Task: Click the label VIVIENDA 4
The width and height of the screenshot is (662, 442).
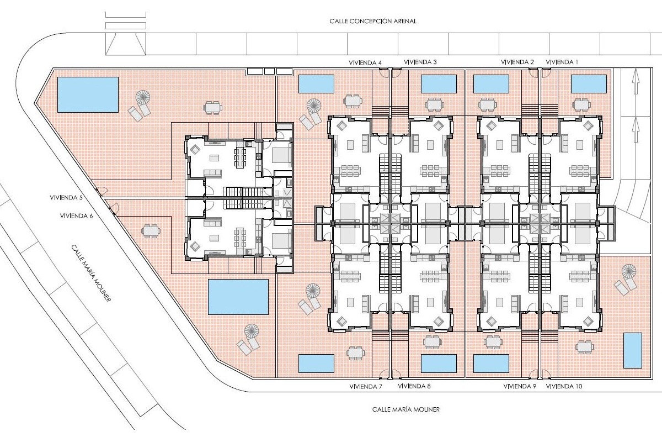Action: [x=365, y=63]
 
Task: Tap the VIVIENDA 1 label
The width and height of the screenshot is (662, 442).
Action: [x=562, y=62]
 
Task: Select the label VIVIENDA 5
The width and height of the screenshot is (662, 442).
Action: [x=66, y=197]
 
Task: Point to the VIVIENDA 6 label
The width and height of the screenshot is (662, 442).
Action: [x=76, y=216]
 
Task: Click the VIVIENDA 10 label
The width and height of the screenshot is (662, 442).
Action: [x=564, y=386]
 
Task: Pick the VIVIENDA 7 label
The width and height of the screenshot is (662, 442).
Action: [x=366, y=387]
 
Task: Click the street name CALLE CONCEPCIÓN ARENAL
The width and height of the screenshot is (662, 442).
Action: [x=373, y=22]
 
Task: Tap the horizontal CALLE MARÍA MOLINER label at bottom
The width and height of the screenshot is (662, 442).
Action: [x=406, y=409]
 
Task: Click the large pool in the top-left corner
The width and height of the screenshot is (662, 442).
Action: [x=88, y=94]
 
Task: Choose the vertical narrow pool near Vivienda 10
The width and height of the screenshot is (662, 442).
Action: [x=633, y=350]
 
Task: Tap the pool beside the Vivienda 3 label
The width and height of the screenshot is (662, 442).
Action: [x=439, y=84]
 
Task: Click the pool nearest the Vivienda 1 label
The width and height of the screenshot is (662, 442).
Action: [x=589, y=84]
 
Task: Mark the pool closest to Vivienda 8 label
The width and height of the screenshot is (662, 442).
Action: [x=439, y=364]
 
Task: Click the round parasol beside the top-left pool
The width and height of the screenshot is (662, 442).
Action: [x=143, y=97]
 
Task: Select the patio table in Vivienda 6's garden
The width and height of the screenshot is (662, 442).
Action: [x=151, y=231]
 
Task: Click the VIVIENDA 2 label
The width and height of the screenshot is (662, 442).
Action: [x=517, y=62]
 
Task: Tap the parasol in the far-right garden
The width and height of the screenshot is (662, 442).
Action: [x=629, y=271]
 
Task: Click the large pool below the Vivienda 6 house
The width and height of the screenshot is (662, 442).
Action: [x=238, y=297]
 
